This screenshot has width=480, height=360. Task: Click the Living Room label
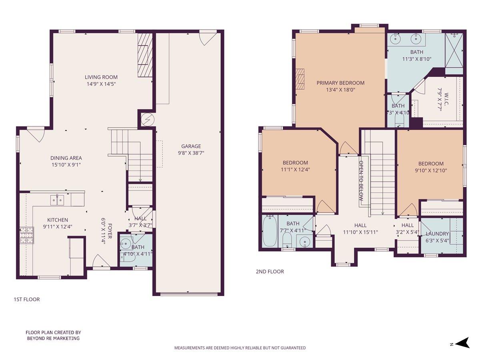point(101,77)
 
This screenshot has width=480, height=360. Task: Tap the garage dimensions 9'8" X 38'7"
point(191,153)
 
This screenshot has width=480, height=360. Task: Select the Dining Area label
point(66,158)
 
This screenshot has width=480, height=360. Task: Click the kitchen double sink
point(58,200)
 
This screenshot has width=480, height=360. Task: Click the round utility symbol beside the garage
point(146,119)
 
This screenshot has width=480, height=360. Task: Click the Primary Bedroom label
point(340,83)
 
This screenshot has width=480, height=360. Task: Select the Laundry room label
point(437,234)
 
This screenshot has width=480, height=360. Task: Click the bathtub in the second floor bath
point(270,232)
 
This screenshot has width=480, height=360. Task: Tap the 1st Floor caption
point(27,299)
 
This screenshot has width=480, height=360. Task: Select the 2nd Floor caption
point(270,272)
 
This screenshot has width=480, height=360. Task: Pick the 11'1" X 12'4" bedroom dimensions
point(295,169)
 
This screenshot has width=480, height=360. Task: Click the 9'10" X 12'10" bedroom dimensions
point(431,170)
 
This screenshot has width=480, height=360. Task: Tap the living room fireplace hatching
point(145,55)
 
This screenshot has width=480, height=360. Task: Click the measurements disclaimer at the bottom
point(240,348)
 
